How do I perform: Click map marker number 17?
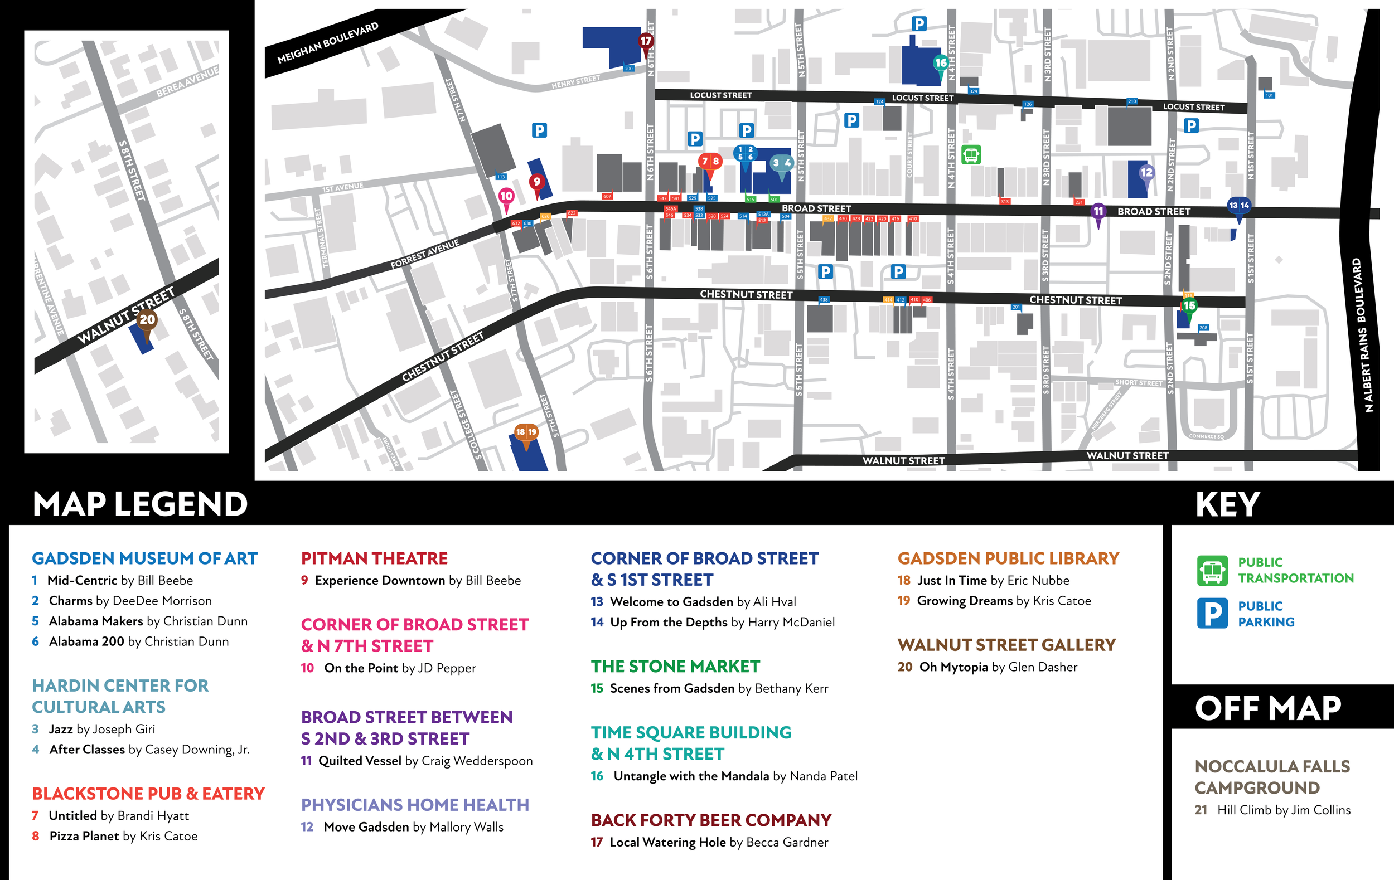[x=646, y=41]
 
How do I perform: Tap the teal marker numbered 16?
[x=941, y=62]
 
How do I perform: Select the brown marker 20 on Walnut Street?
[x=147, y=319]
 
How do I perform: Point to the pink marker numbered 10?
[x=506, y=196]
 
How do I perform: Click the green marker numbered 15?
[x=1189, y=305]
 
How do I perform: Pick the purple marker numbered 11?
[x=1098, y=211]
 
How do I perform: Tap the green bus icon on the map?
[x=971, y=154]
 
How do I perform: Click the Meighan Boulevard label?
[x=328, y=43]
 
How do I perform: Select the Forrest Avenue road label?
[x=424, y=254]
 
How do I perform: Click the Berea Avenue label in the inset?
[x=187, y=82]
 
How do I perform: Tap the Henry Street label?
[x=575, y=82]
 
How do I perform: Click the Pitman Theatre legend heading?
[x=374, y=558]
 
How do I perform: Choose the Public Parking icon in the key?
[x=1212, y=613]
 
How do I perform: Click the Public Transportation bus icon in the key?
[x=1212, y=571]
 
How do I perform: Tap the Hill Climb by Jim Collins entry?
[x=1272, y=810]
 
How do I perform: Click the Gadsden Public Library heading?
[x=1008, y=558]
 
